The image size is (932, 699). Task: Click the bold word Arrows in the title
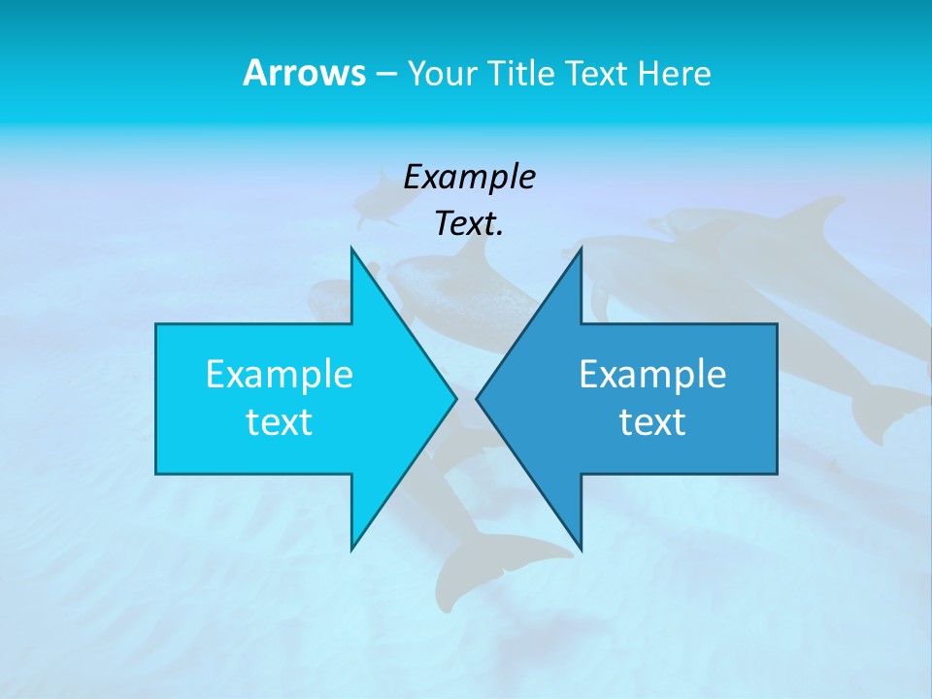303,73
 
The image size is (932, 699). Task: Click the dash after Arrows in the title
385,75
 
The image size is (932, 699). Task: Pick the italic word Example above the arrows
469,177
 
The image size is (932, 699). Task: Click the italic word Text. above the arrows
469,223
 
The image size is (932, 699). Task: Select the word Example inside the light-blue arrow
280,374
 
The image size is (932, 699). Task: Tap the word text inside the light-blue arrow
280,421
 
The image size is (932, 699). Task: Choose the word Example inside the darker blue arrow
652,374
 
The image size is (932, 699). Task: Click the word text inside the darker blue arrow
652,421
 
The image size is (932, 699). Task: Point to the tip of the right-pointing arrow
456,398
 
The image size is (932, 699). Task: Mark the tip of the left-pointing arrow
477,398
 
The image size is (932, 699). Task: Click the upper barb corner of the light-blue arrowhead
351,248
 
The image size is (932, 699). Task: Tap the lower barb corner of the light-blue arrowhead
351,549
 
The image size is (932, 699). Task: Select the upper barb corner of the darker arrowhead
581,248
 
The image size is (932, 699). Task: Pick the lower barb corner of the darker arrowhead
581,549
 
